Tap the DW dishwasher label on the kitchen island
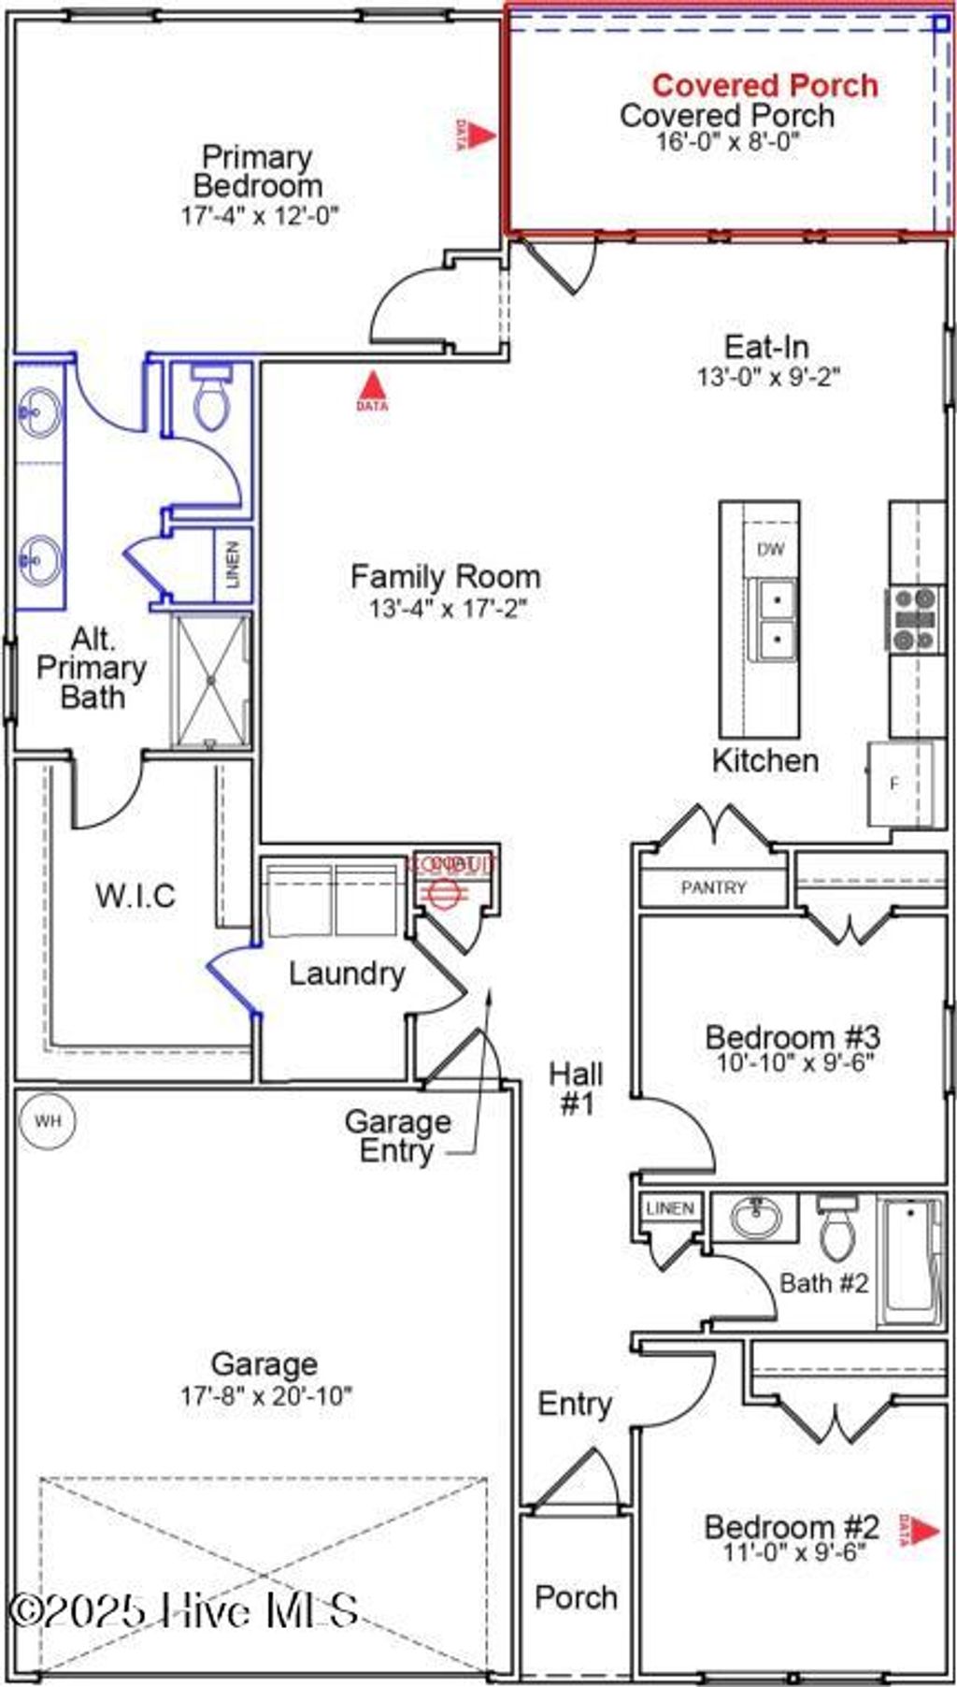771,549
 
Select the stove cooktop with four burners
914,618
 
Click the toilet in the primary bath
210,399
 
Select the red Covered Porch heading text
764,85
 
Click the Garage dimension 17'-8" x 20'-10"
266,1396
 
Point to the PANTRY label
713,887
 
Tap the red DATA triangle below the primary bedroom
373,385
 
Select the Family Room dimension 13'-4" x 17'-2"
448,609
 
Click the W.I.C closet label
136,895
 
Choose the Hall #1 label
576,1089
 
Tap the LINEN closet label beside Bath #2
669,1208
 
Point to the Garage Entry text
398,1135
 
